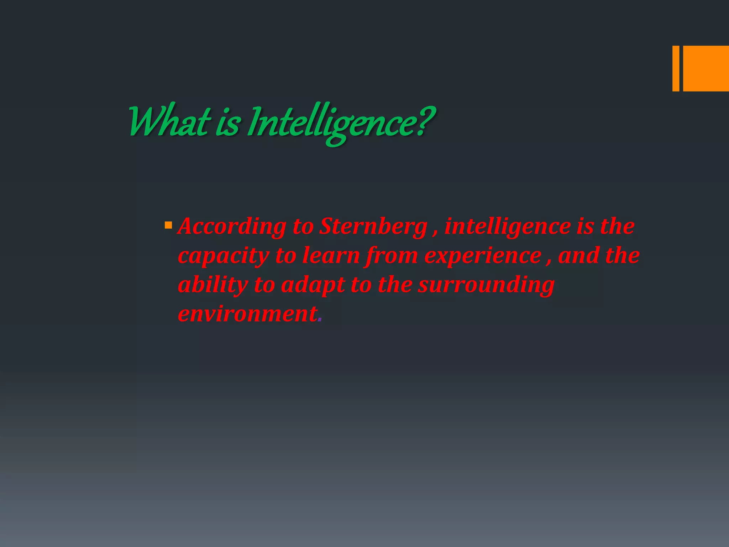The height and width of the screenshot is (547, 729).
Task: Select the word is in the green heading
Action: point(227,123)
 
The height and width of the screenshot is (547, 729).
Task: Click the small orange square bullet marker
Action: point(168,225)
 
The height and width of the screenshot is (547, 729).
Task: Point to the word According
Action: point(232,226)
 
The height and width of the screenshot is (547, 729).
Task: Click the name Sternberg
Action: point(373,226)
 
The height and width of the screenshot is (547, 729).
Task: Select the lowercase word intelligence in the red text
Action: point(508,226)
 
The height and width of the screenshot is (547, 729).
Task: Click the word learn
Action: point(331,256)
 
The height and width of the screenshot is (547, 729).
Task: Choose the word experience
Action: point(483,256)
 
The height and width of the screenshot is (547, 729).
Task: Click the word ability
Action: point(213,285)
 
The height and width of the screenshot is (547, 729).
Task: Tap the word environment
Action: point(247,314)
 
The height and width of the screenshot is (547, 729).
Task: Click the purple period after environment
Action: point(320,320)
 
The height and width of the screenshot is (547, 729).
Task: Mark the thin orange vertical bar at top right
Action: point(676,68)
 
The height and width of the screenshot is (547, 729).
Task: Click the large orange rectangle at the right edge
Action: point(706,68)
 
